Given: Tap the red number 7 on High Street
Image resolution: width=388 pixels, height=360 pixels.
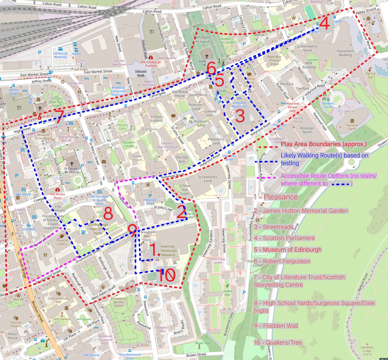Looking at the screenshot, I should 59,117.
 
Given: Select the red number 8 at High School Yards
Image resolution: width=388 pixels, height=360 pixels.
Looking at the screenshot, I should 108,214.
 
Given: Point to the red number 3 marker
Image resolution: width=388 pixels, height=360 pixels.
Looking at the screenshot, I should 240,116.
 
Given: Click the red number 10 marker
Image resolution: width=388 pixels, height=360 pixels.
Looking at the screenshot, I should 167,276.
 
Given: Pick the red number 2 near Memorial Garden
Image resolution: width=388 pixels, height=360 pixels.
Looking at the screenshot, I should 181,212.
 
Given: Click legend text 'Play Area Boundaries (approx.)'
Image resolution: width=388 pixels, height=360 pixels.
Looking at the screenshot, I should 324,144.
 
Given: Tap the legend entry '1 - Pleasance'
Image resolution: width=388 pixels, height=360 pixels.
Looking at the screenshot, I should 275,197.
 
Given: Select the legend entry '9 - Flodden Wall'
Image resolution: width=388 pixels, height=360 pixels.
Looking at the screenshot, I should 276,326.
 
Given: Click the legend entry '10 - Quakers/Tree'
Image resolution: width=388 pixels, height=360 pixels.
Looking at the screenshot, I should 278,342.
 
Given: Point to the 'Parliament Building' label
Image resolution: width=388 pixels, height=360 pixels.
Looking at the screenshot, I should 345,53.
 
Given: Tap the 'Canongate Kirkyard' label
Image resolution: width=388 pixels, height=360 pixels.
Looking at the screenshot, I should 203,39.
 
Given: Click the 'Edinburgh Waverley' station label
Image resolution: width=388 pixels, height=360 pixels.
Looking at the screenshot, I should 60,55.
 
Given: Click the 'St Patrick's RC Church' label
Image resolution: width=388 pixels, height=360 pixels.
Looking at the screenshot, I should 71,170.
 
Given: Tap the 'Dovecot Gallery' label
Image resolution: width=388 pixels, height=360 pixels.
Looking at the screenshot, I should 62,242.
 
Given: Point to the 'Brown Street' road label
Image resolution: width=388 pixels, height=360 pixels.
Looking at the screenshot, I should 196,355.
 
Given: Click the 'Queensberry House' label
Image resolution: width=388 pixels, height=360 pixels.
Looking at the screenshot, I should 307,48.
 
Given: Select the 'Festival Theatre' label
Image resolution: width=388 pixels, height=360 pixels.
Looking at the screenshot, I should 16,324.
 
